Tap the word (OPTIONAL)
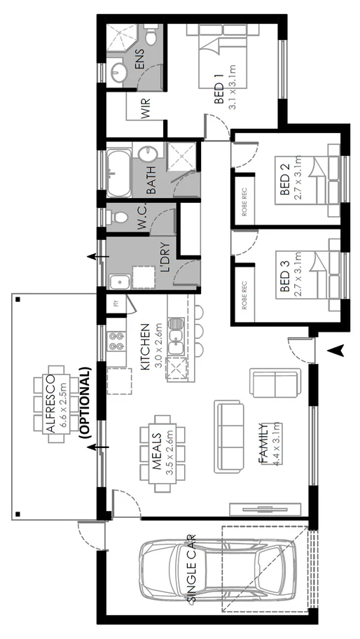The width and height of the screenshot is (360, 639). coord(87,402)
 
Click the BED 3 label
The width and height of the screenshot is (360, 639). coord(285,277)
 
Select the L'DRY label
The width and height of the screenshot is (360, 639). coord(166,265)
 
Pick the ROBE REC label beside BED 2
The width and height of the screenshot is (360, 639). coord(245,201)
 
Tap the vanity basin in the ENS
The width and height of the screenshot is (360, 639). coord(118,71)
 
